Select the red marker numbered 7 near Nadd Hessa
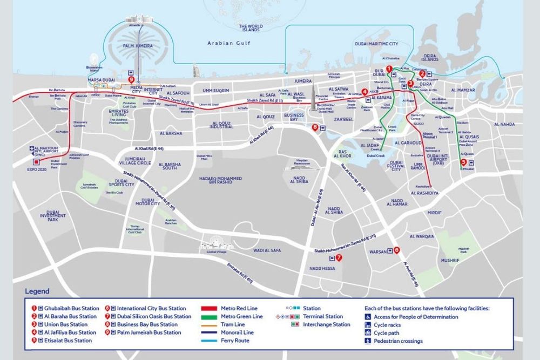coord(339,257)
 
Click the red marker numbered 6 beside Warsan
coord(396,250)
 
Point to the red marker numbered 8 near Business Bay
coord(315,127)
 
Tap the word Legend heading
coord(37,291)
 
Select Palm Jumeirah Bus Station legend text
coord(149,332)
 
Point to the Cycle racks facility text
coord(387,325)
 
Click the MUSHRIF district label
coord(450,260)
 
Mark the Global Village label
coord(215,252)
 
